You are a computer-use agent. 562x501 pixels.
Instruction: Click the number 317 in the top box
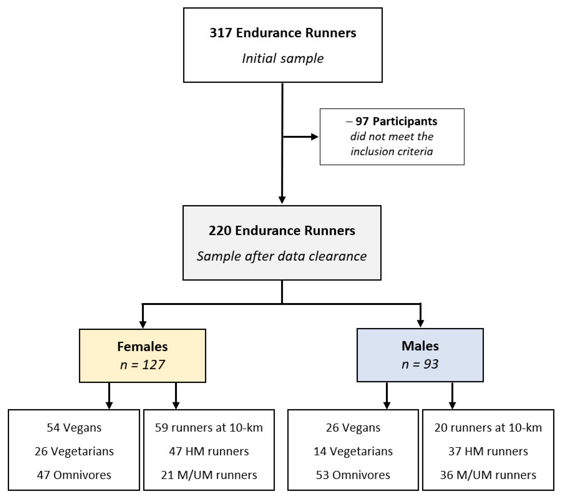pyautogui.click(x=221, y=33)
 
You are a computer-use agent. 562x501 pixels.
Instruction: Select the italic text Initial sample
pyautogui.click(x=283, y=58)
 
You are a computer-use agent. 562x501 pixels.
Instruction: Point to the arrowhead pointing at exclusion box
pyautogui.click(x=314, y=137)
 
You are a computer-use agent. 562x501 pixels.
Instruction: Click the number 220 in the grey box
pyautogui.click(x=220, y=230)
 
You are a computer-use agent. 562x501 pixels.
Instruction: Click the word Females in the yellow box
pyautogui.click(x=142, y=346)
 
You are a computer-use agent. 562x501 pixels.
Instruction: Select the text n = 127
pyautogui.click(x=142, y=365)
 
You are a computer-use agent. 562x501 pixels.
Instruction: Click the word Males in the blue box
pyautogui.click(x=420, y=346)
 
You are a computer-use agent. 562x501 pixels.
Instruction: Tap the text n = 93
pyautogui.click(x=420, y=364)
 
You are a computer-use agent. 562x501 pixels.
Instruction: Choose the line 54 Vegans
pyautogui.click(x=74, y=428)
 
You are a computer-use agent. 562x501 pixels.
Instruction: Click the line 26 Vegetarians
pyautogui.click(x=74, y=451)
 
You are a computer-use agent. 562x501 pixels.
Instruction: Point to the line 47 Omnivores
pyautogui.click(x=74, y=475)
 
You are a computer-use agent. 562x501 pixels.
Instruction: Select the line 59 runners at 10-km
pyautogui.click(x=209, y=428)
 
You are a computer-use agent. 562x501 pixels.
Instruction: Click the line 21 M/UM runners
pyautogui.click(x=209, y=475)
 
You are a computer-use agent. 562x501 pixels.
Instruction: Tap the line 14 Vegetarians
pyautogui.click(x=353, y=451)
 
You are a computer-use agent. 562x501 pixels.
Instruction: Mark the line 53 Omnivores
pyautogui.click(x=353, y=475)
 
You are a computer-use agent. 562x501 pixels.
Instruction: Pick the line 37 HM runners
pyautogui.click(x=488, y=451)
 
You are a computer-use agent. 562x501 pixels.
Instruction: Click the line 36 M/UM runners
pyautogui.click(x=488, y=475)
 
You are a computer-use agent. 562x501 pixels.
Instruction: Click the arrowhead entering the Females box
pyautogui.click(x=143, y=325)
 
